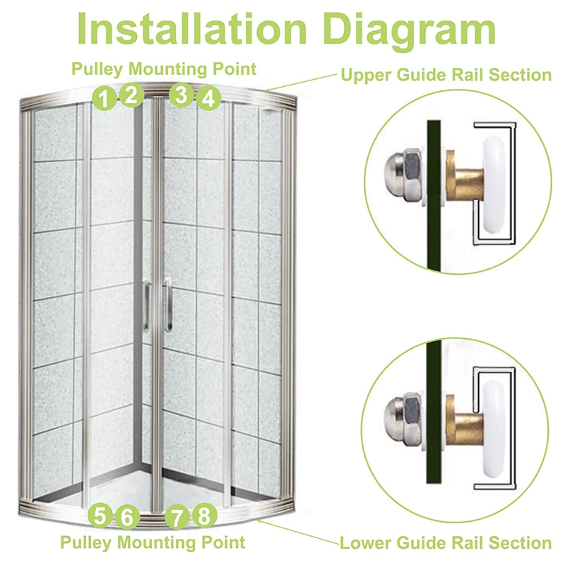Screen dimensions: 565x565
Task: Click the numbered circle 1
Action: (x=104, y=98)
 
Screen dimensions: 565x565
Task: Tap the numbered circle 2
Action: (x=131, y=95)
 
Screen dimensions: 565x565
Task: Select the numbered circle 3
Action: (x=182, y=95)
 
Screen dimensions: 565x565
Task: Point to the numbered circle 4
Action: (x=208, y=98)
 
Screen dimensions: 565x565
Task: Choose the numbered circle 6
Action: (x=127, y=517)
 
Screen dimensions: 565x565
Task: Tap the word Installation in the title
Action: (x=191, y=28)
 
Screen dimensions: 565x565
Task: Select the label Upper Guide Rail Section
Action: (x=446, y=75)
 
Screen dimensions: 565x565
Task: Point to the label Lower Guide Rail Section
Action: (x=446, y=543)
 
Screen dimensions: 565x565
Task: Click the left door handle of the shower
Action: (x=145, y=306)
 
